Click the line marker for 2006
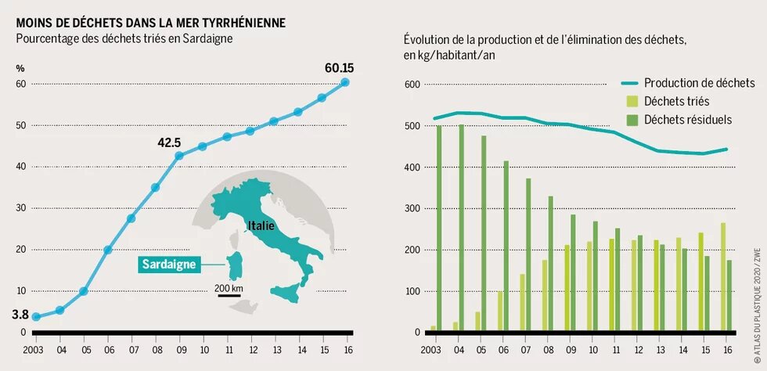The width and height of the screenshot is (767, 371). [107, 250]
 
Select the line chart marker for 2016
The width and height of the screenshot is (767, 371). [344, 82]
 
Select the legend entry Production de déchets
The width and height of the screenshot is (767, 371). [698, 83]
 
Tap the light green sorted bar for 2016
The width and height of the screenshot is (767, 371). [723, 277]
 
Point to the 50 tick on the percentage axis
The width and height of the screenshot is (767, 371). [21, 125]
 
